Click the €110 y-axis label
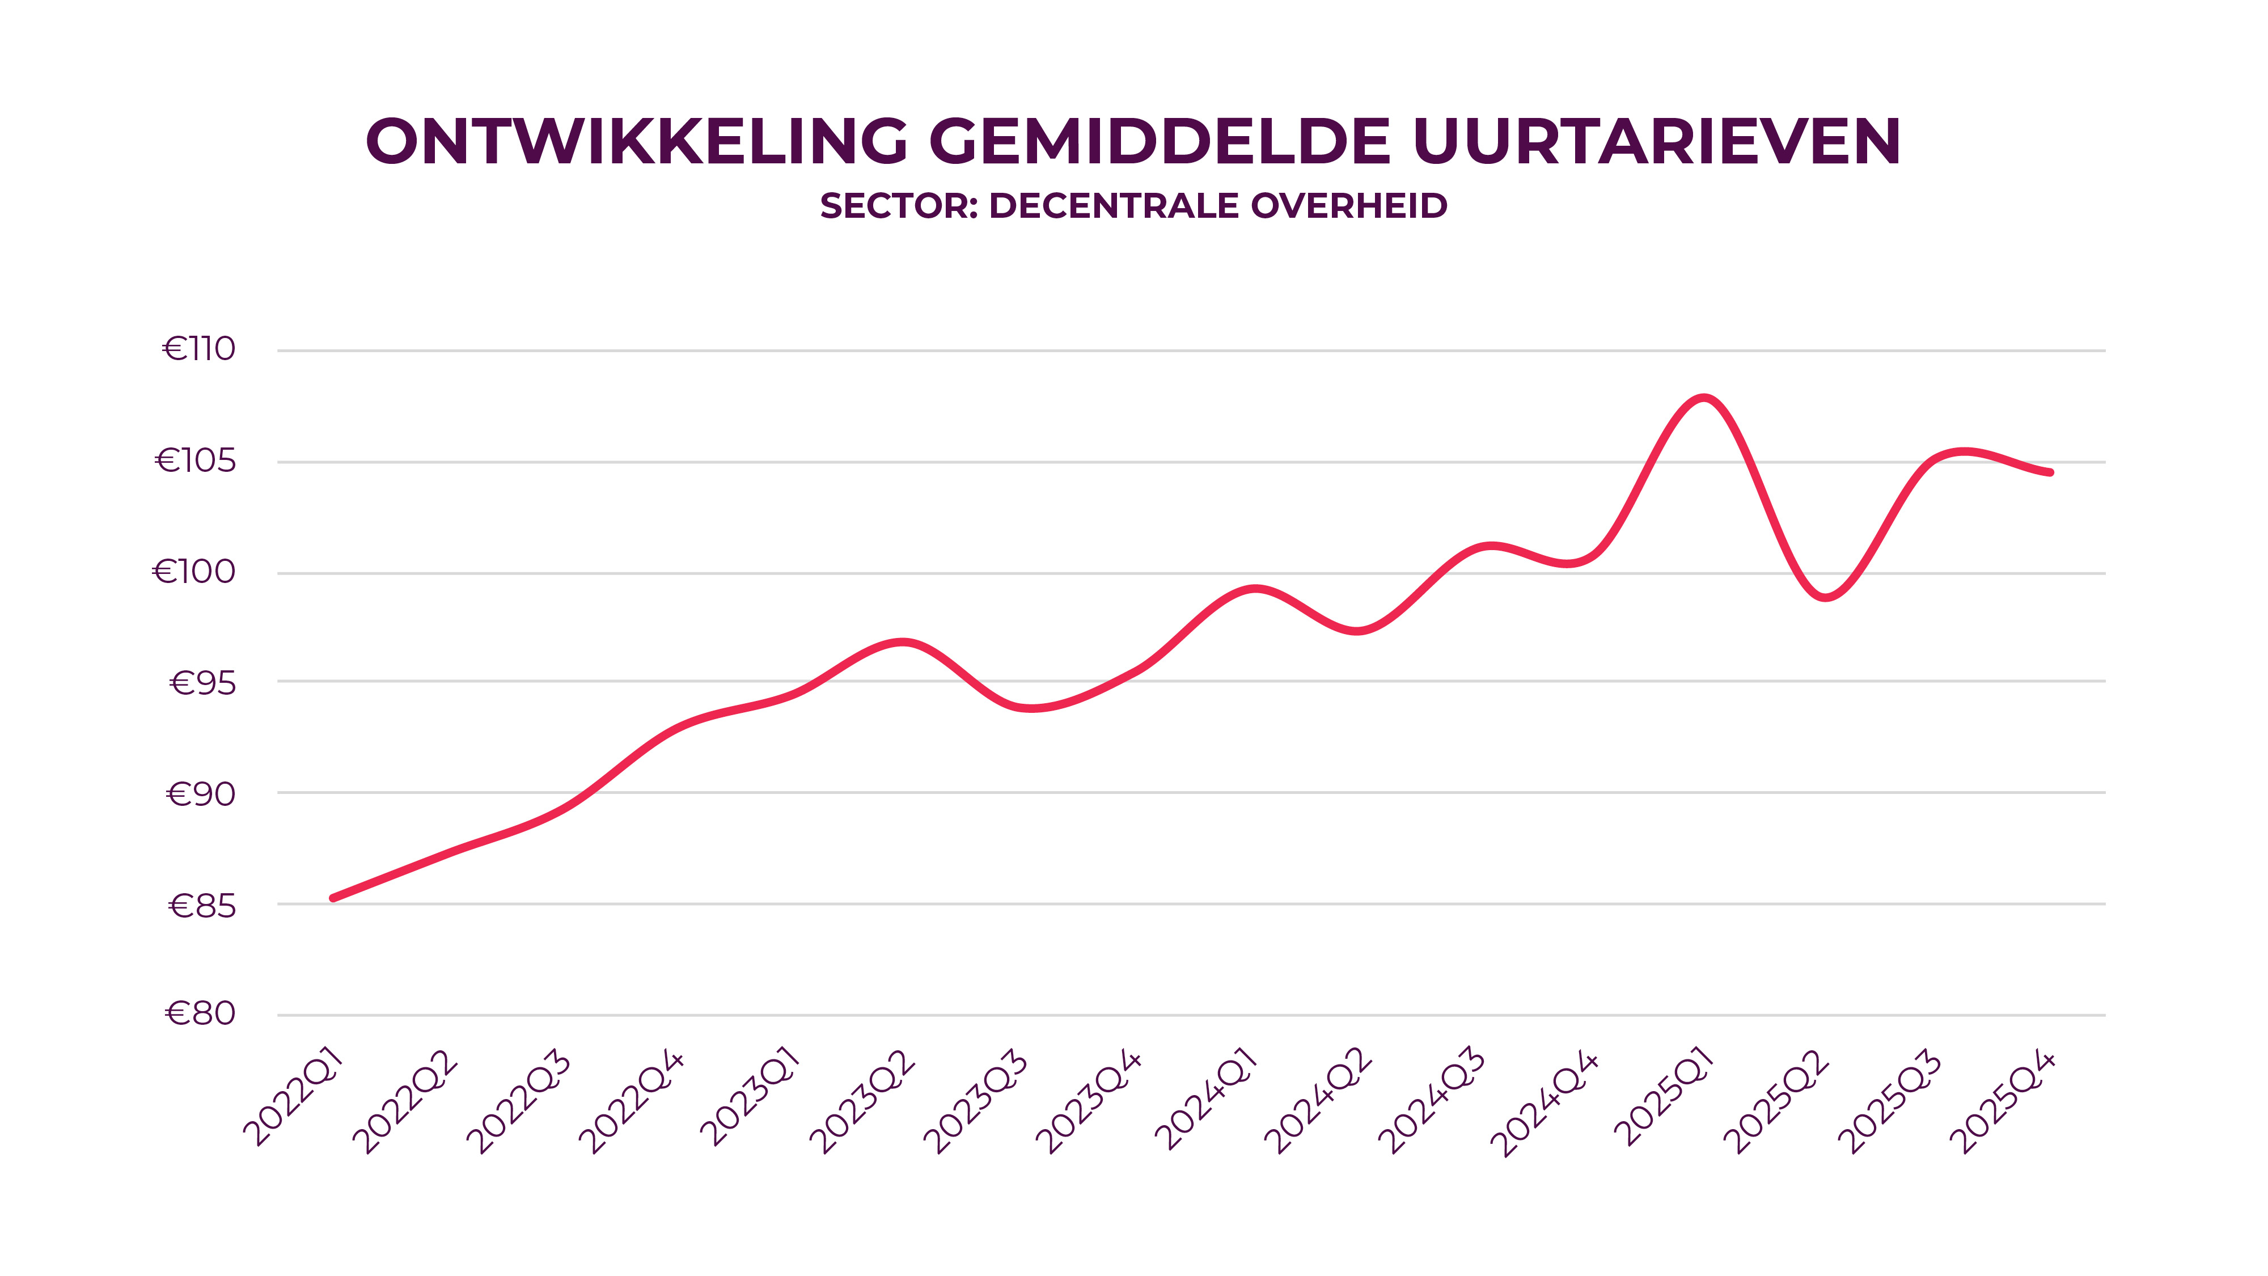point(199,349)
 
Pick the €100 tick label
point(194,572)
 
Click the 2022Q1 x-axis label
point(293,1098)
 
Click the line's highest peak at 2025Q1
point(1704,398)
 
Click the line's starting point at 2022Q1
point(333,898)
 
